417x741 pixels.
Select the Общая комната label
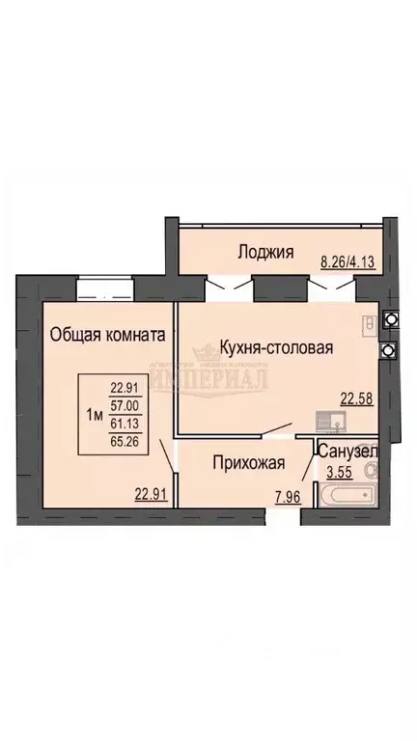(107, 334)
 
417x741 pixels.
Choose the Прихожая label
(248, 462)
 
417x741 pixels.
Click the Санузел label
(347, 451)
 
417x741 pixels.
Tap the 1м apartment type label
(96, 414)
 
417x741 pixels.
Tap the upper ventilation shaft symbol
(390, 318)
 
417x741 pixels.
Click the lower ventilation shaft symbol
(390, 349)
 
